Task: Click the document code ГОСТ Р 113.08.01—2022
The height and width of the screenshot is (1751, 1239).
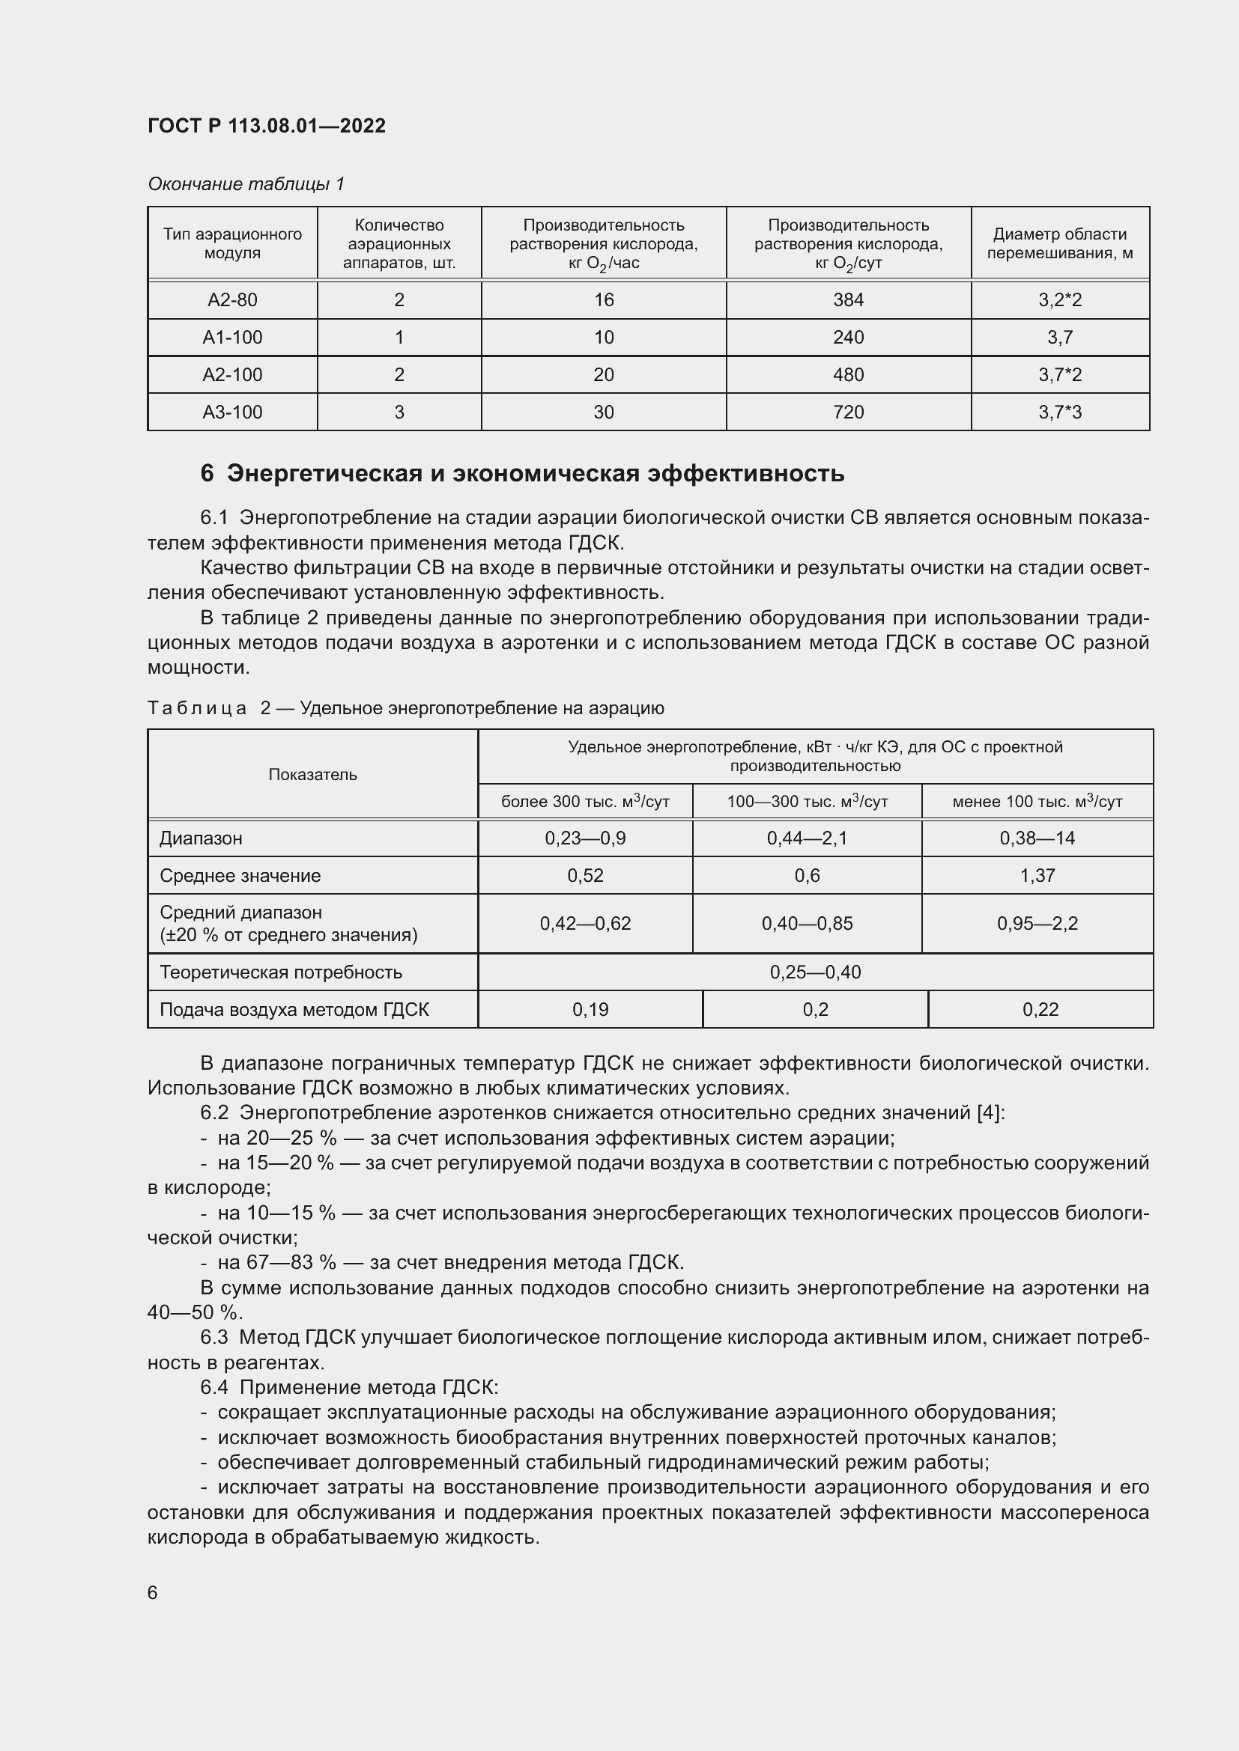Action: click(x=266, y=126)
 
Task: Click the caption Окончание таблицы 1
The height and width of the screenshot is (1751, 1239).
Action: click(x=246, y=184)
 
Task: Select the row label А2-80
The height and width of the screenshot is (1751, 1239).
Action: click(x=232, y=299)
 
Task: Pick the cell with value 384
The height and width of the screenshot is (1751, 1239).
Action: click(x=848, y=299)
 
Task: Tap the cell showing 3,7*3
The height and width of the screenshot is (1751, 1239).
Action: click(x=1059, y=412)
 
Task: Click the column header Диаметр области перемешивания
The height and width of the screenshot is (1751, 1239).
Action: click(x=1059, y=243)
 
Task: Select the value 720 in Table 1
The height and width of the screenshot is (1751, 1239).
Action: click(x=848, y=412)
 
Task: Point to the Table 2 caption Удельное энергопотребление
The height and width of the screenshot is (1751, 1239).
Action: click(x=482, y=707)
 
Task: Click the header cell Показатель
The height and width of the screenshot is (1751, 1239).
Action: click(x=312, y=774)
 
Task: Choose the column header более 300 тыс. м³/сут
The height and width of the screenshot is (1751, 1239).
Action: click(x=584, y=802)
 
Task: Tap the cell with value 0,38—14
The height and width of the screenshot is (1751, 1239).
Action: click(x=1037, y=838)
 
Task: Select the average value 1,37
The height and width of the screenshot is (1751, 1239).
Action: click(x=1037, y=876)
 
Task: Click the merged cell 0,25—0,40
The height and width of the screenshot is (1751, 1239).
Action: click(x=815, y=972)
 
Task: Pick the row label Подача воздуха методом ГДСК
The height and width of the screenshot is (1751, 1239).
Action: click(x=294, y=1010)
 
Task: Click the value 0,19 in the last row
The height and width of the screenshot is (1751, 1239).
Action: click(x=590, y=1010)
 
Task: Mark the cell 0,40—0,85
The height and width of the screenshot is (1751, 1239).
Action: click(x=807, y=924)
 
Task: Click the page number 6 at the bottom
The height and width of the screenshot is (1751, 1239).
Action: click(x=153, y=1592)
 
